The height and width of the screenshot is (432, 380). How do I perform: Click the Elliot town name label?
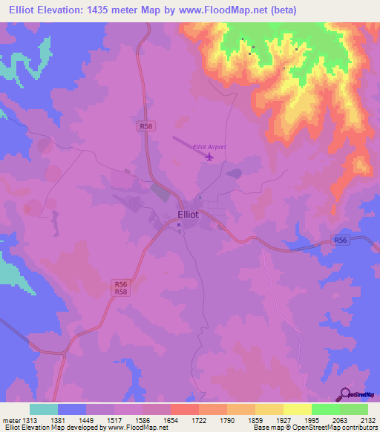pos(188,215)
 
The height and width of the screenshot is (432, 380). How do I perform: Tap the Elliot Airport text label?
pos(209,147)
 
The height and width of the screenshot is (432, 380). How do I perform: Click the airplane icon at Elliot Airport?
pos(210,157)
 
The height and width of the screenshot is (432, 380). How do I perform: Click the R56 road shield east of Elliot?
pos(341,240)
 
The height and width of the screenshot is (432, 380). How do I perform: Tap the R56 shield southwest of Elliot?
pos(121,284)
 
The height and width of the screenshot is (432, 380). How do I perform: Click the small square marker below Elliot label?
pos(179,228)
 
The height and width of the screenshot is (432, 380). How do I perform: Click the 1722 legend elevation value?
pos(197,419)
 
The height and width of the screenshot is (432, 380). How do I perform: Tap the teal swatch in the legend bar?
pos(44,409)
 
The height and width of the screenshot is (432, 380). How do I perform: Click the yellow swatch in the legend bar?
pos(298,409)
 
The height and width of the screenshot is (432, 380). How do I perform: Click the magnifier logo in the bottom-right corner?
pos(346,394)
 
